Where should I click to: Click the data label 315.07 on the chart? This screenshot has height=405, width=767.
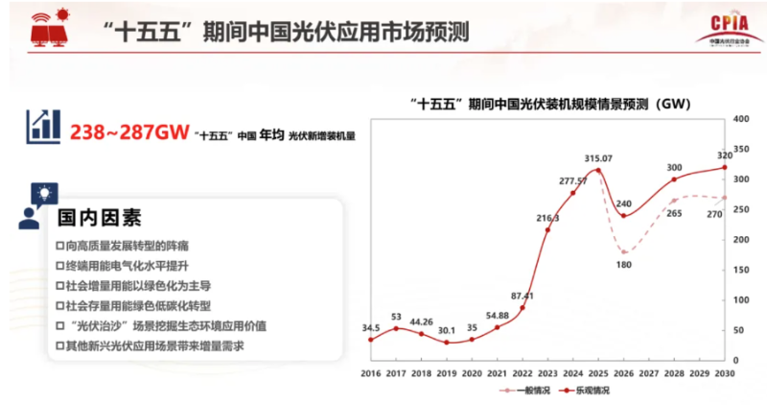(x=599, y=157)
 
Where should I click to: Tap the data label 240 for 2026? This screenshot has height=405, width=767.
(x=625, y=203)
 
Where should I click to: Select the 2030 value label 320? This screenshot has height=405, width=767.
(x=726, y=155)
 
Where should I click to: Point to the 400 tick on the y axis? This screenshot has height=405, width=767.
(x=740, y=119)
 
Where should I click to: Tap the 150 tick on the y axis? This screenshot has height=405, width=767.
(x=740, y=271)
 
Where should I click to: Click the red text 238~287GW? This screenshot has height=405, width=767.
(x=128, y=133)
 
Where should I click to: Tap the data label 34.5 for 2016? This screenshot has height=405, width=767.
(x=371, y=329)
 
